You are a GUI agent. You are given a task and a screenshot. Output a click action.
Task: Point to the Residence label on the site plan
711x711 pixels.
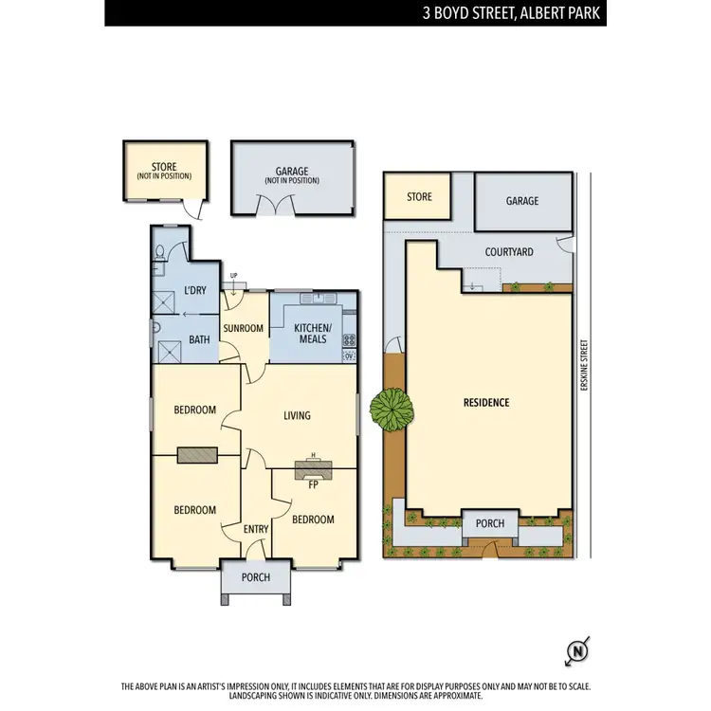coord(485,402)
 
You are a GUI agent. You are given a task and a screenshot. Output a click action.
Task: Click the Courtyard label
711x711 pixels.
coord(508,252)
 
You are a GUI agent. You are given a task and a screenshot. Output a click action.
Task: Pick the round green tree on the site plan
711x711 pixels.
coord(392,409)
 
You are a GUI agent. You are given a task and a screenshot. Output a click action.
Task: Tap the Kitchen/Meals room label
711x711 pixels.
coord(312,334)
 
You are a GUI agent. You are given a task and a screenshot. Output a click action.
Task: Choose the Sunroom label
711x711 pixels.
coord(242,328)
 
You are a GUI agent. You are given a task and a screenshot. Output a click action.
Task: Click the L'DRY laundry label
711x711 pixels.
coord(194,290)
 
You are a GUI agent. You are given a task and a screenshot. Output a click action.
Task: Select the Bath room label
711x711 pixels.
coord(199,338)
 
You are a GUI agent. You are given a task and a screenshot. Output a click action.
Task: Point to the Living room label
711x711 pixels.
coord(297,415)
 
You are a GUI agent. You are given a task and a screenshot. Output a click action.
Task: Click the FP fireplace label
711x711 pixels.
coord(313,484)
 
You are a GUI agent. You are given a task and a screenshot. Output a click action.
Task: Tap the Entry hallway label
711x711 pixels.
coord(256,529)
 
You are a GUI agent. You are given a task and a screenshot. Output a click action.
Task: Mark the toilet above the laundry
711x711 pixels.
coord(160,252)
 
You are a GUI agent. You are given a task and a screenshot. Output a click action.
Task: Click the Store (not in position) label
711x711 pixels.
coord(164,172)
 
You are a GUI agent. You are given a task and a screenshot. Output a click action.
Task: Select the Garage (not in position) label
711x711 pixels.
coord(292,175)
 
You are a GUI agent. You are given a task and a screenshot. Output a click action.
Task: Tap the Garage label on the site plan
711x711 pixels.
coord(521,201)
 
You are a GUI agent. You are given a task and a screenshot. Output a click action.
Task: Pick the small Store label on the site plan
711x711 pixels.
coord(419,197)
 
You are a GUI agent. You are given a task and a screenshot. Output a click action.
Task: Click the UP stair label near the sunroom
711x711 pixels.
coord(232,276)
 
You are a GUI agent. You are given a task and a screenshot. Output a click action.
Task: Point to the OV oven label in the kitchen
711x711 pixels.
coord(348,355)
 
